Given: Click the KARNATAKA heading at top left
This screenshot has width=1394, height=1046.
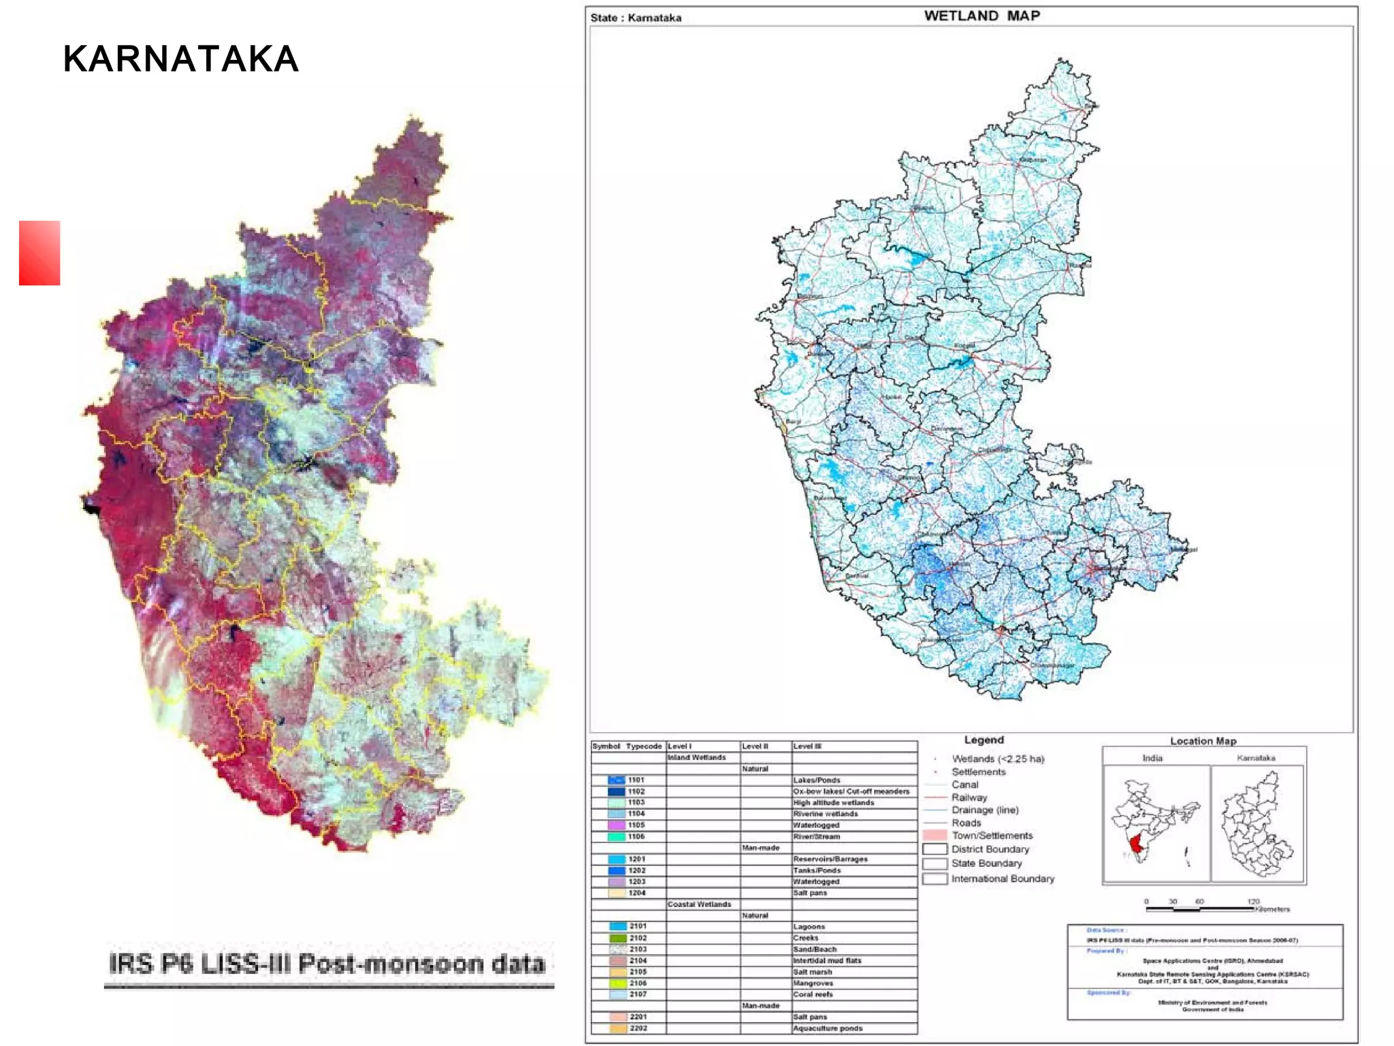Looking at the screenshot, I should pos(180,59).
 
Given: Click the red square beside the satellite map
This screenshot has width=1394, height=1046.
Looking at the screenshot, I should pos(39,253).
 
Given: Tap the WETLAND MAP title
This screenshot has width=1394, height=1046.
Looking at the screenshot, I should pos(982,16).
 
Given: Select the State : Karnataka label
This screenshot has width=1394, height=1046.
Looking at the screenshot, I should pos(635,18).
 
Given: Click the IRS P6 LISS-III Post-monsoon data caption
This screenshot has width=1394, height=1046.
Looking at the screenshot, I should pos(327,964).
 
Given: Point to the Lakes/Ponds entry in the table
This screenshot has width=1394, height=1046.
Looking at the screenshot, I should pos(816,780).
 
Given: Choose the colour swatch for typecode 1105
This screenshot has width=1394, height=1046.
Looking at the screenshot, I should pos(616,825).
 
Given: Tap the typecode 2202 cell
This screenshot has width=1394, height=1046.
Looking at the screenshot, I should pos(638,1028).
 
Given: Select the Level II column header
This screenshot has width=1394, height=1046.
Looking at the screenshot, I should pos(755,746).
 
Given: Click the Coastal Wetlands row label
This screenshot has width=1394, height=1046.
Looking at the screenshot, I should pos(699,904).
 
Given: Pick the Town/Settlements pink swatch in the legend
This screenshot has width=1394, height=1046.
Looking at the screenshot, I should pos(935,836).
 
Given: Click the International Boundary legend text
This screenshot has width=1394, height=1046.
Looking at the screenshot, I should pos(1002,879).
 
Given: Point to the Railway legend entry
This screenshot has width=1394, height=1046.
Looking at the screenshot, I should pos(969,797).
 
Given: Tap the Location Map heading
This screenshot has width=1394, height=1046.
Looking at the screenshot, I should pos(1203,741).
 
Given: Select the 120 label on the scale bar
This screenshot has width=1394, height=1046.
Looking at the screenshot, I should pos(1253,901).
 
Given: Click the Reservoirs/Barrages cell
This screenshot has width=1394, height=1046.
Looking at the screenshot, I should pos(830,859).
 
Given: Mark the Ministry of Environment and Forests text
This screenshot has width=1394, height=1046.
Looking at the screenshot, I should pos(1212,1002).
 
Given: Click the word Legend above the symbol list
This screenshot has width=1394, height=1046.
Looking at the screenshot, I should pos(984,740).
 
